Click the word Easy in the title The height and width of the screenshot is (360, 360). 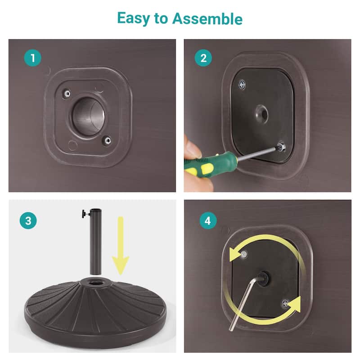click(133, 18)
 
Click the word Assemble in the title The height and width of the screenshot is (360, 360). click(207, 18)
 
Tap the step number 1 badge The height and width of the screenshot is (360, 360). click(33, 58)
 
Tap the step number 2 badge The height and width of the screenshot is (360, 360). click(203, 58)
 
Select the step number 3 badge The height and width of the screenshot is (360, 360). click(28, 220)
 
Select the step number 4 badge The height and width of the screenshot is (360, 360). click(208, 220)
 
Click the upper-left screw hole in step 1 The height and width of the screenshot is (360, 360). click(67, 94)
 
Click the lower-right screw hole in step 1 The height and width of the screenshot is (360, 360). click(107, 140)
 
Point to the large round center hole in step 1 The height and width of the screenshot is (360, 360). click(88, 117)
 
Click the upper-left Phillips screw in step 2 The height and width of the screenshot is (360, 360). click(242, 85)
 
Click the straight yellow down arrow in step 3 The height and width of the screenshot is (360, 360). click(121, 246)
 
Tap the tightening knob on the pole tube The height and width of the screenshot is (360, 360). click(85, 213)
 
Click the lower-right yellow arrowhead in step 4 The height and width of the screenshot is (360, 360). click(294, 305)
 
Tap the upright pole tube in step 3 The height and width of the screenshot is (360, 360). click(95, 242)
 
